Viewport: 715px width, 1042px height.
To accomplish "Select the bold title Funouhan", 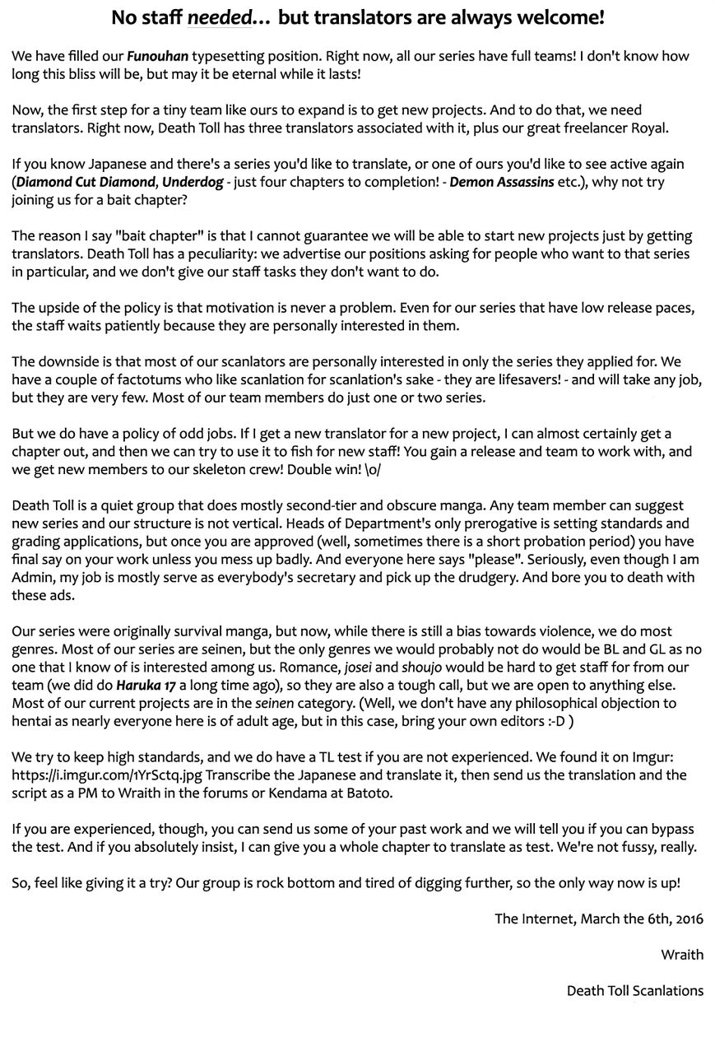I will [157, 57].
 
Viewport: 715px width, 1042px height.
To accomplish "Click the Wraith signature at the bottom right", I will [682, 955].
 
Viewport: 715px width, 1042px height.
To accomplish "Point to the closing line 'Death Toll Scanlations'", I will [634, 991].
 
